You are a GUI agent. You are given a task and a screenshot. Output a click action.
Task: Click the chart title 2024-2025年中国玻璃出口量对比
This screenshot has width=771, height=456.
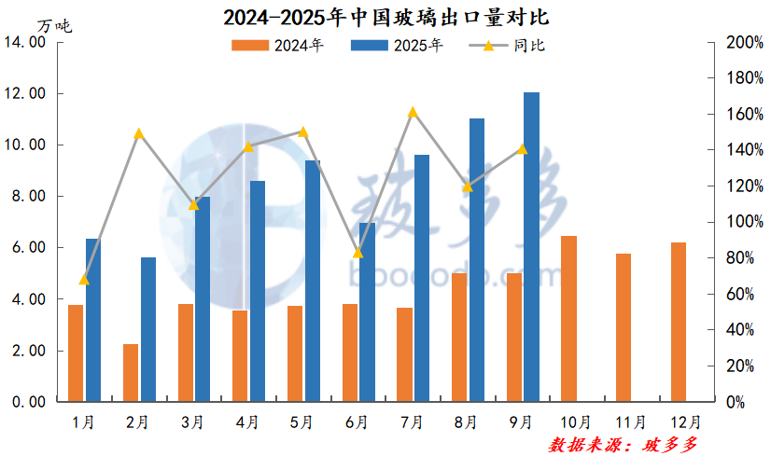tap(385, 17)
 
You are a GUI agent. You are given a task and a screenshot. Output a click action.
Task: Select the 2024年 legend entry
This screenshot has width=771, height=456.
tap(277, 46)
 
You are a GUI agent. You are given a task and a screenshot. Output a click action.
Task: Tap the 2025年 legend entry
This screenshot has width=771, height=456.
tap(397, 46)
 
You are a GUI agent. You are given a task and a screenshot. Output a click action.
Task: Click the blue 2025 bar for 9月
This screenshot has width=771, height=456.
tap(531, 247)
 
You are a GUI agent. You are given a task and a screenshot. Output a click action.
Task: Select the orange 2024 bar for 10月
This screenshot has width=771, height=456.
tap(568, 319)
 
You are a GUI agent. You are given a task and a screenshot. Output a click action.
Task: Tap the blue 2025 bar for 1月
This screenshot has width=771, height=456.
tap(93, 320)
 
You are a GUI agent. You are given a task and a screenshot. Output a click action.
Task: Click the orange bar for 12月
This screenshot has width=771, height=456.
tap(679, 322)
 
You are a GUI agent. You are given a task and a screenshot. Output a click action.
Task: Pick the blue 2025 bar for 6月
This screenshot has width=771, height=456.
tap(367, 311)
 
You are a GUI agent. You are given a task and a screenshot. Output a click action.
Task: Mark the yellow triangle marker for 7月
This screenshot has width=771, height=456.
tap(414, 113)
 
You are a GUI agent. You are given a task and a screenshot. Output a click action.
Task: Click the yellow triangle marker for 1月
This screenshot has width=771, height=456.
tap(84, 279)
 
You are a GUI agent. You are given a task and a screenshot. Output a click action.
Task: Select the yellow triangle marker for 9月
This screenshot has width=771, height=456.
tap(523, 149)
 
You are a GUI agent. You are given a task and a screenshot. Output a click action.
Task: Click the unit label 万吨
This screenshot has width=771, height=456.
tap(54, 25)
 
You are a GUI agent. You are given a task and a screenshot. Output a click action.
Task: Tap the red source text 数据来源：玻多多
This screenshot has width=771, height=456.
tap(623, 444)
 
